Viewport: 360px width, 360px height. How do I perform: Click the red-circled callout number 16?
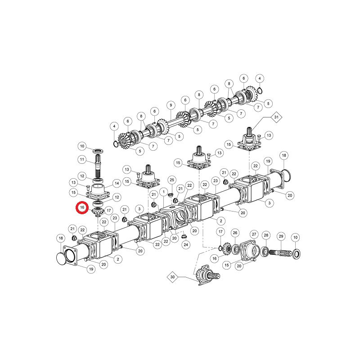[x=82, y=207]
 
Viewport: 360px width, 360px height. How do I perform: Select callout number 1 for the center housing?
[x=164, y=192]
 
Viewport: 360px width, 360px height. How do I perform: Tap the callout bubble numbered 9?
[x=171, y=105]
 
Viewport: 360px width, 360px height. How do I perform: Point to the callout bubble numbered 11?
[x=82, y=159]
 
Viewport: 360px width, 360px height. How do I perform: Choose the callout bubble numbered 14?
[x=117, y=183]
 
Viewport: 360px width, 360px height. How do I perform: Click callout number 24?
[x=186, y=244]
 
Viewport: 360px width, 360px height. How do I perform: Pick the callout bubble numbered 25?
[x=172, y=180]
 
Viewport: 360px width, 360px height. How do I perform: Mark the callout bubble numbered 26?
[x=235, y=233]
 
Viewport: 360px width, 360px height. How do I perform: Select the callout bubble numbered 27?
[x=254, y=234]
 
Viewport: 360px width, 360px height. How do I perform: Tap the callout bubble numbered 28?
[x=266, y=235]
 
